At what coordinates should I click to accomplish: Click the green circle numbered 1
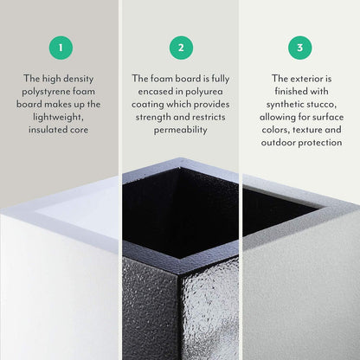61,47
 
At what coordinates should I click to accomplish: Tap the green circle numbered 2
181,47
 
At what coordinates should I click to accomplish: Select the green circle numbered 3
299,47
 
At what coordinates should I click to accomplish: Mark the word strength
151,117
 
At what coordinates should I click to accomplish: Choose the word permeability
181,130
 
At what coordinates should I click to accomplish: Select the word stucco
323,104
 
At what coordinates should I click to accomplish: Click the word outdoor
267,143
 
